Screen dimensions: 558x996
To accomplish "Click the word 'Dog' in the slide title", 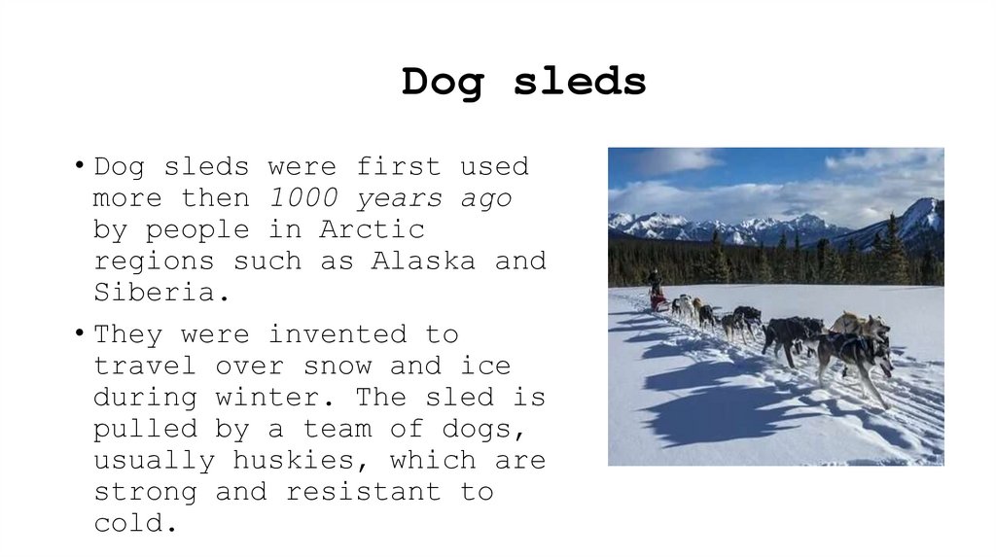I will click(x=442, y=82).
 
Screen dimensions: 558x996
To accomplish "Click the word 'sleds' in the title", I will click(x=580, y=82).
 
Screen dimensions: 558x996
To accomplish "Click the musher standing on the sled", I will click(x=656, y=282).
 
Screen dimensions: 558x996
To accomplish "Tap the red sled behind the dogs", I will click(x=659, y=301).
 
